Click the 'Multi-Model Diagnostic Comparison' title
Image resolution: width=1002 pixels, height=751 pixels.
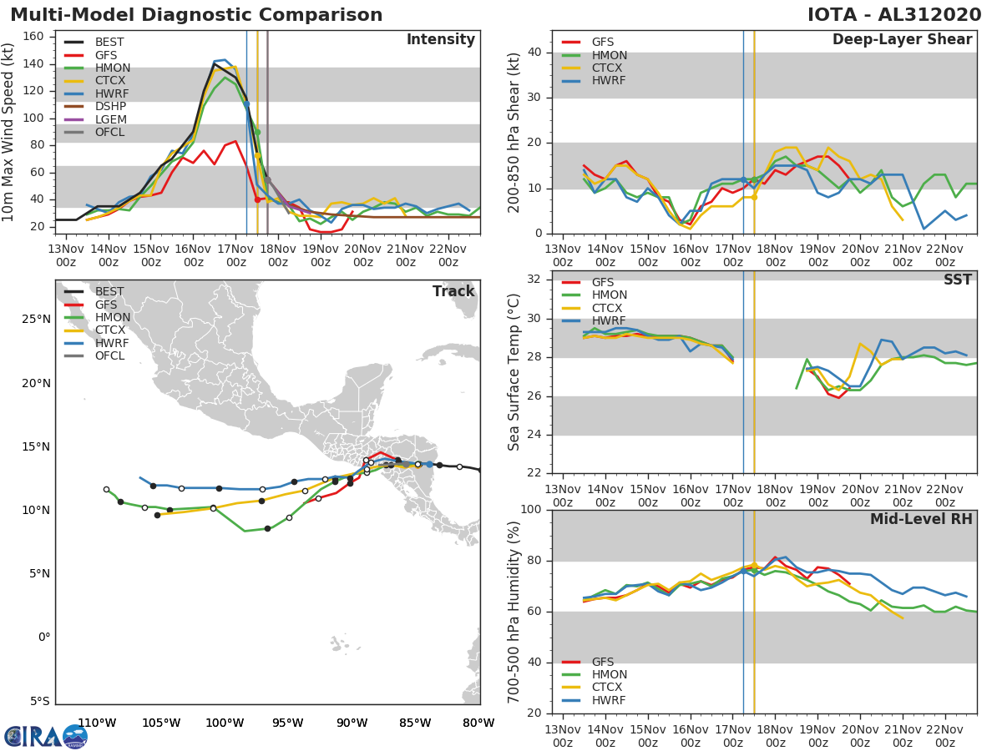[196, 15]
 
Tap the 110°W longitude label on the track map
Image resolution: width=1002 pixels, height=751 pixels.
[97, 723]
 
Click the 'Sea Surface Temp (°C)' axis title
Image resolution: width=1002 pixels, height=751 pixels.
[514, 370]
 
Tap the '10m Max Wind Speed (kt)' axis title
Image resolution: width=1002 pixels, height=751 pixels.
[8, 130]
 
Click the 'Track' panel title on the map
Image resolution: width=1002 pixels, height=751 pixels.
[453, 291]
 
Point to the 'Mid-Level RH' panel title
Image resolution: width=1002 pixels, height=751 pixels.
[921, 519]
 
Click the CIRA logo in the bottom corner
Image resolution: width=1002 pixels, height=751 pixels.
[45, 736]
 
